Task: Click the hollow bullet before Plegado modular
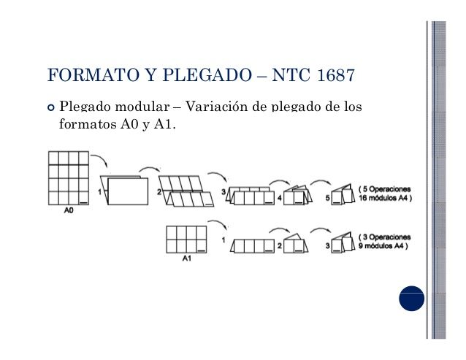tap(50, 107)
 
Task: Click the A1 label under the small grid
tap(187, 258)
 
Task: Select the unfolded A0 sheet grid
tap(68, 177)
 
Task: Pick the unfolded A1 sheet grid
tap(187, 240)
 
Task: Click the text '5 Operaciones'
tap(386, 189)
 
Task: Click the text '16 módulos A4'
tap(385, 198)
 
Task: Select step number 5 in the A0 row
tap(328, 199)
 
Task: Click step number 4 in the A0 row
tap(279, 199)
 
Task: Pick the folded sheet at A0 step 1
tap(125, 191)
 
